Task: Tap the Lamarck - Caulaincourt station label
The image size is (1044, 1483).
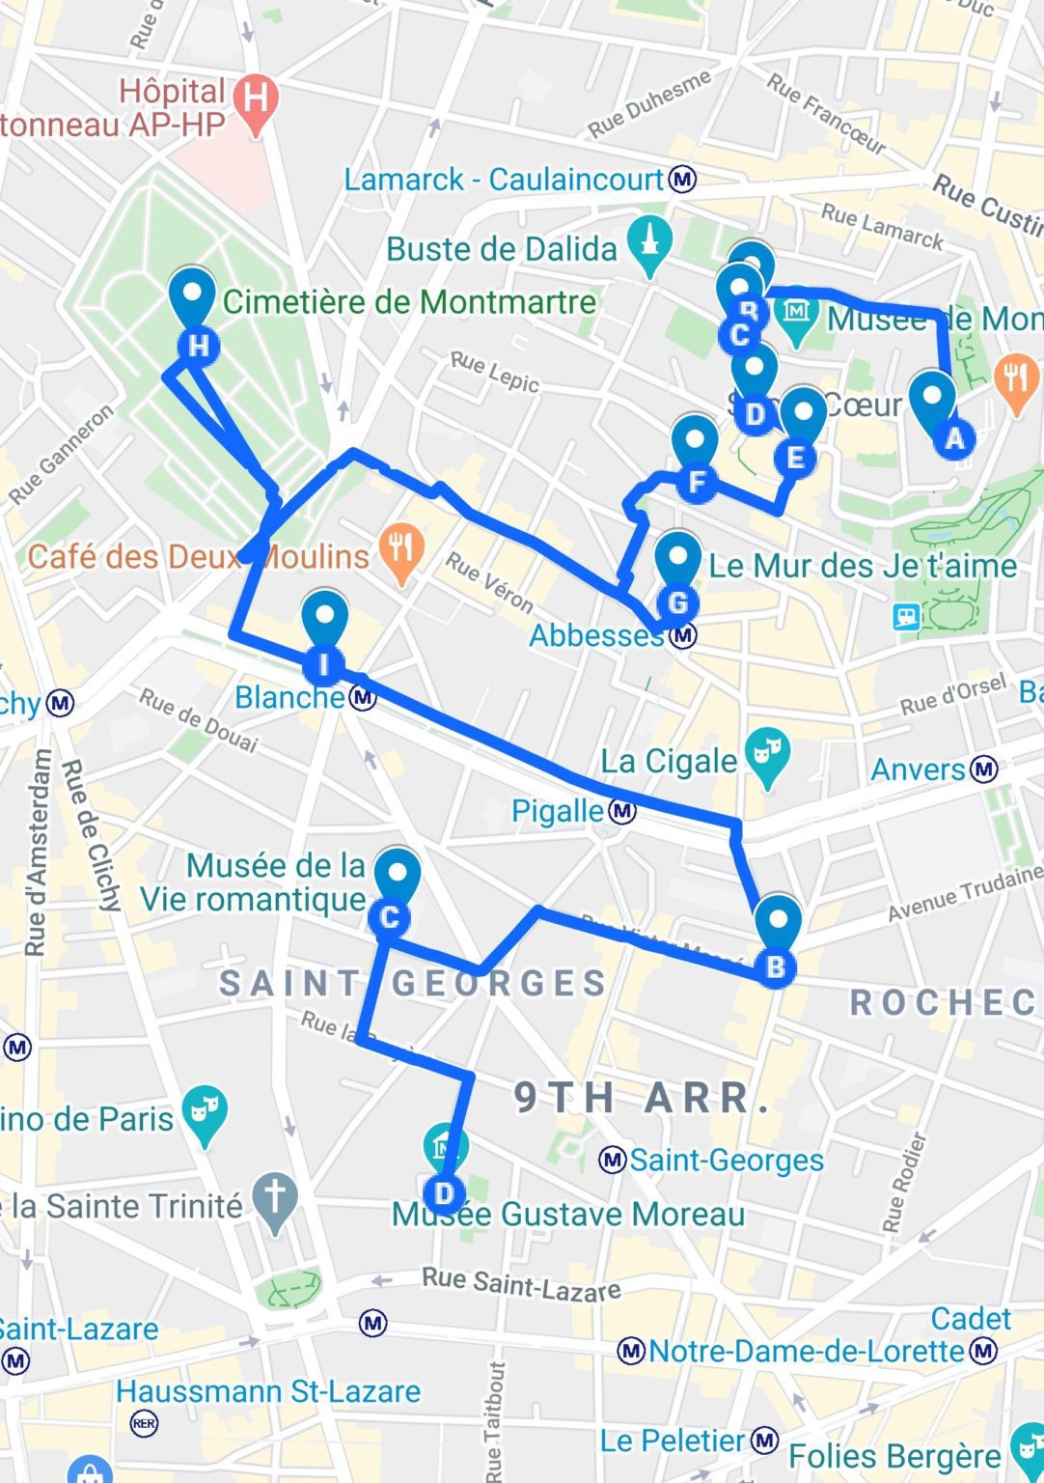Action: point(503,180)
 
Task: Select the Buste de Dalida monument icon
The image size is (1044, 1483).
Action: point(650,243)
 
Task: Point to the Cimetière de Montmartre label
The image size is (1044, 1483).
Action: point(409,302)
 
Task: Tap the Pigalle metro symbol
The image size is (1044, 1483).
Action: point(623,811)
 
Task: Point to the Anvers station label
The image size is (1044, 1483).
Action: point(918,769)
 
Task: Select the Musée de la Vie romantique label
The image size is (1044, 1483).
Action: point(253,881)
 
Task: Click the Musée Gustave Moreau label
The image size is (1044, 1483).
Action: point(568,1214)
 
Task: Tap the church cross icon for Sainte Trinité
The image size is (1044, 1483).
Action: point(275,1200)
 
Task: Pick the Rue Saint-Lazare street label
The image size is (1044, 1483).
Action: point(521,1284)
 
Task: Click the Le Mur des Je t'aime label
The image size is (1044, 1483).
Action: point(862,566)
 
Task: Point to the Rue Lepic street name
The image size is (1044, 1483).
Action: point(494,372)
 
